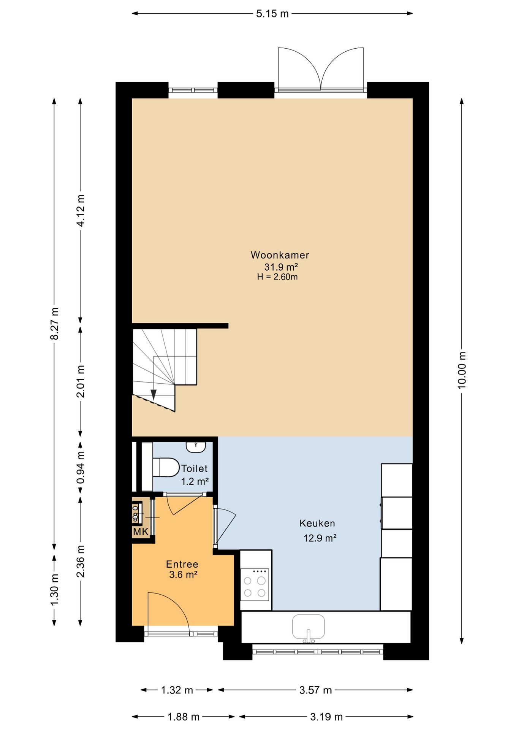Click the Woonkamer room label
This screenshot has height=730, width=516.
(x=280, y=255)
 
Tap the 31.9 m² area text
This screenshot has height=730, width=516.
(x=281, y=267)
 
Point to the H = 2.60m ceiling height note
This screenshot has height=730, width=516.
(x=277, y=277)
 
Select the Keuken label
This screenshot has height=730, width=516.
(x=317, y=523)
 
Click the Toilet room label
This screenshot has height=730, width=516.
(x=194, y=468)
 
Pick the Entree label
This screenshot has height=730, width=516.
(x=182, y=564)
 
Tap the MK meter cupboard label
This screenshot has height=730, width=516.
(x=141, y=532)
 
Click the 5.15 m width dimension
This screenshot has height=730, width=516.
(x=272, y=14)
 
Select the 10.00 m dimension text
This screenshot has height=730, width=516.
(x=461, y=370)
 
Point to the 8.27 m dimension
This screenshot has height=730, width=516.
(x=54, y=324)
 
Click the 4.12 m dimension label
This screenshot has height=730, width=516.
(x=81, y=210)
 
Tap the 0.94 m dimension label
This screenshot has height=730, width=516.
(x=81, y=467)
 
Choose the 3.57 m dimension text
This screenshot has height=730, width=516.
(x=315, y=690)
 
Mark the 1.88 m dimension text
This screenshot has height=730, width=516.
(x=184, y=717)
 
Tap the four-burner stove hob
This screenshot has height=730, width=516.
(x=255, y=584)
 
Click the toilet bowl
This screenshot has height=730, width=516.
(x=166, y=467)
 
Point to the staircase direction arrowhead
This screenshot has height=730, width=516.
(x=154, y=395)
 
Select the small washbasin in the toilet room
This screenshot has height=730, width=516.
(x=196, y=447)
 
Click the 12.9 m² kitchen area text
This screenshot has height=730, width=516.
(x=320, y=538)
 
